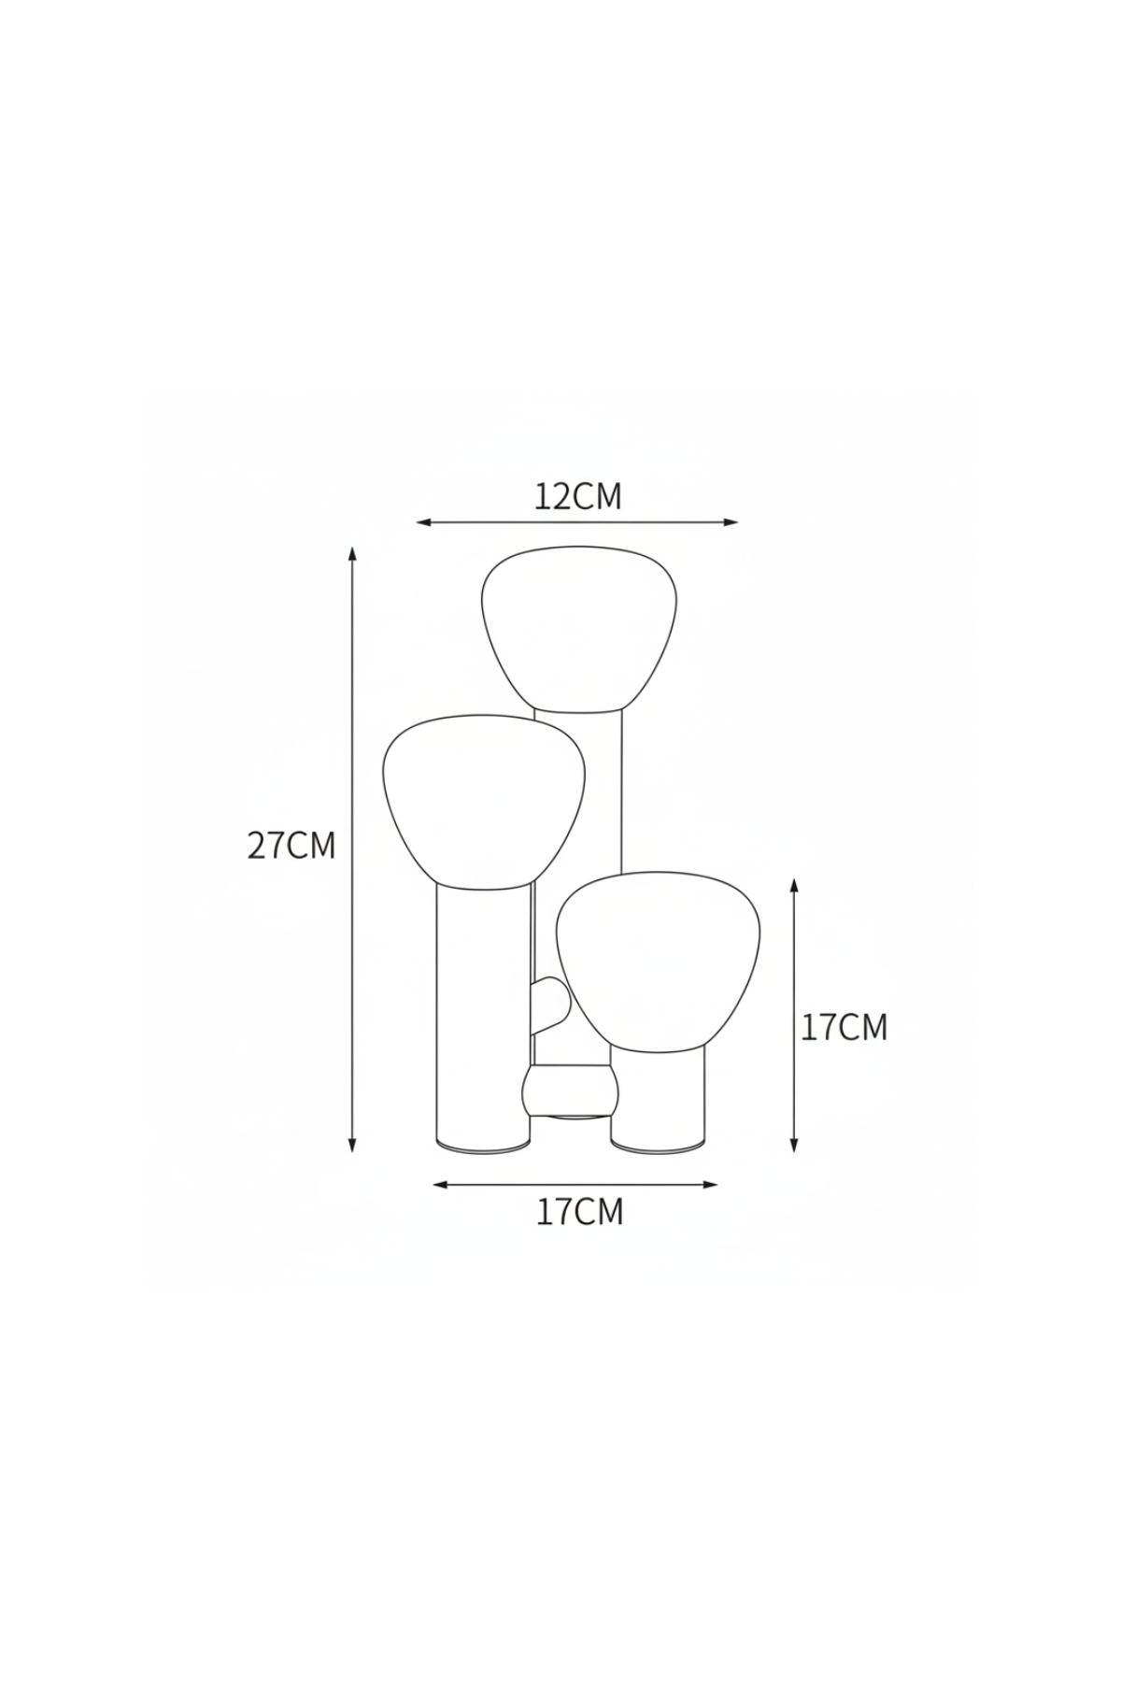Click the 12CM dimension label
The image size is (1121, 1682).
577,496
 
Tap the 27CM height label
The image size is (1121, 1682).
291,846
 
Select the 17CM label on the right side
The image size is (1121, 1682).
844,1028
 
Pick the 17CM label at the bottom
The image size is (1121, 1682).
579,1212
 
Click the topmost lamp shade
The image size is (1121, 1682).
579,631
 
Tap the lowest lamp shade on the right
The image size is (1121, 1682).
658,959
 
